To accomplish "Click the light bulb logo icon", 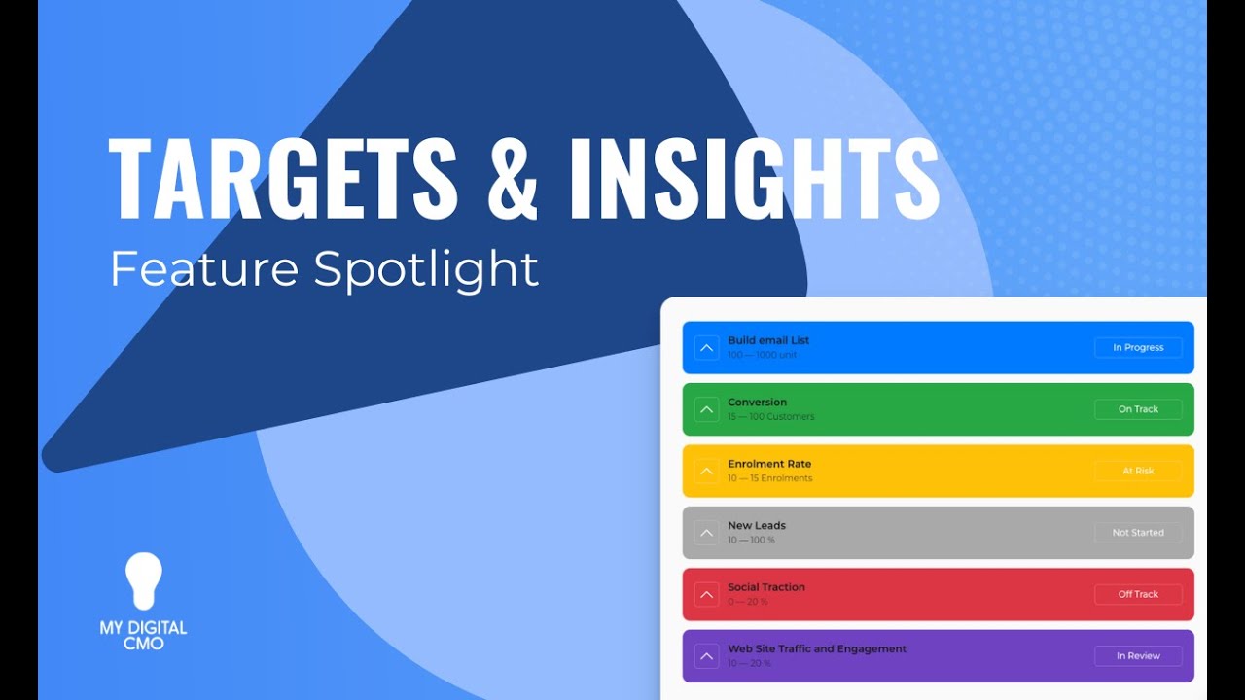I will coord(144,581).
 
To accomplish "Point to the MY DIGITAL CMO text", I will coord(144,635).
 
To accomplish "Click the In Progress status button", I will coord(1138,348).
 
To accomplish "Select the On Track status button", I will coord(1138,409).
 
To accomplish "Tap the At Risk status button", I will coord(1138,471).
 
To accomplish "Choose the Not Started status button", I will coord(1138,533).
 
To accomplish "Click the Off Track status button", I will coord(1138,594).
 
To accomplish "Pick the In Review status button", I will coord(1138,656).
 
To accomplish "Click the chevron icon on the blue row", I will coord(707,348).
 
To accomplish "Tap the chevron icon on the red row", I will coord(707,594).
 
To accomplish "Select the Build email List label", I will coord(768,340).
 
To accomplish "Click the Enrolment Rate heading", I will coord(769,464).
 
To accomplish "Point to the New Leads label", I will coord(757,525).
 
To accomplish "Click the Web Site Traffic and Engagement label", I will coord(817,648).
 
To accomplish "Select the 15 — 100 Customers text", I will coord(771,417).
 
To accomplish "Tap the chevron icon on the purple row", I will coord(707,656).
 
